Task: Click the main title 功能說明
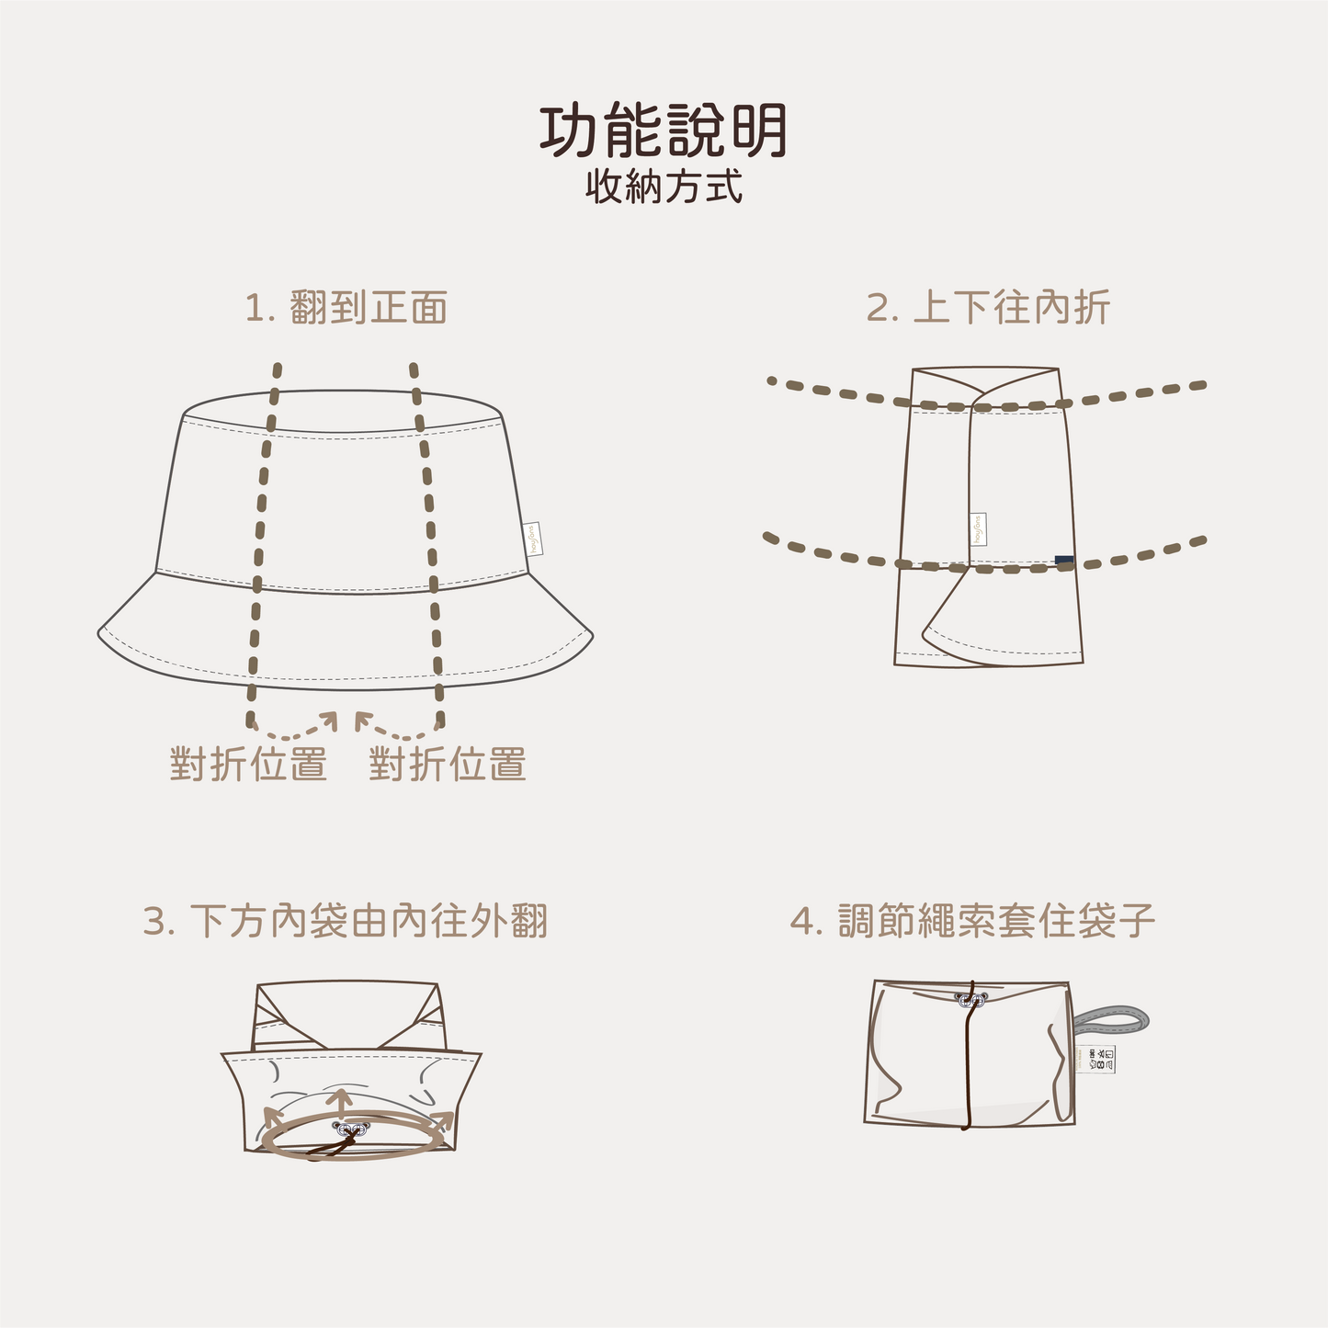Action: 663,131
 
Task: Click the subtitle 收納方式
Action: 664,187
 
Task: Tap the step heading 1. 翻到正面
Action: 346,308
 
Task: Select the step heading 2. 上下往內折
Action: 988,308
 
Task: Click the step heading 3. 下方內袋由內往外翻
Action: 346,921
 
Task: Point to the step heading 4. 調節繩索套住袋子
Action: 972,921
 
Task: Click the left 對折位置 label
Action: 248,765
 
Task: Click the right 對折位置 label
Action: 448,765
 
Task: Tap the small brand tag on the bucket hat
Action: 534,539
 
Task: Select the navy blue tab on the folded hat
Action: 1063,560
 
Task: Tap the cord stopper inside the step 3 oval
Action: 350,1128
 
